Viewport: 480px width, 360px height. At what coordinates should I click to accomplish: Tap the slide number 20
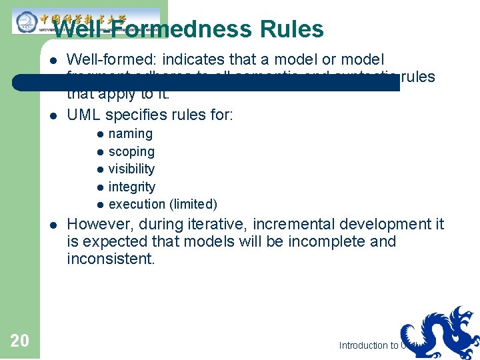point(20,341)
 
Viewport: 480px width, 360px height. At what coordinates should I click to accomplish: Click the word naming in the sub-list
point(131,134)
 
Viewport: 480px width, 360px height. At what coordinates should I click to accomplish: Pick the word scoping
point(131,152)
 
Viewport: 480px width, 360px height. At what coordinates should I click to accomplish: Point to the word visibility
point(131,169)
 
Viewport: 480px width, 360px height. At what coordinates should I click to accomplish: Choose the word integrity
point(131,187)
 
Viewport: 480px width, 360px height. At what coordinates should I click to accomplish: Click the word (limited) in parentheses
point(193,205)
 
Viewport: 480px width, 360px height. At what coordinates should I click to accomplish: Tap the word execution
point(137,205)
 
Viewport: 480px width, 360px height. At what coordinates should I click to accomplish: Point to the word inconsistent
point(111,259)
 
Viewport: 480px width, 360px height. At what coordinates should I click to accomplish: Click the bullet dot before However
point(53,225)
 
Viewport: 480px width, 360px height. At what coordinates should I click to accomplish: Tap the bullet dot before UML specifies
point(53,115)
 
